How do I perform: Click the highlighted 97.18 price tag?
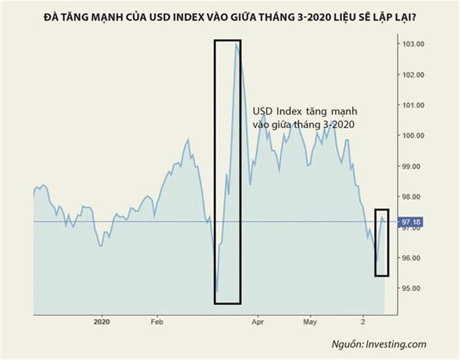point(412,222)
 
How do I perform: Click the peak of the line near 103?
point(237,44)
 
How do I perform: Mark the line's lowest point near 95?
point(217,292)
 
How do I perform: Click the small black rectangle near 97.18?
point(382,242)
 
